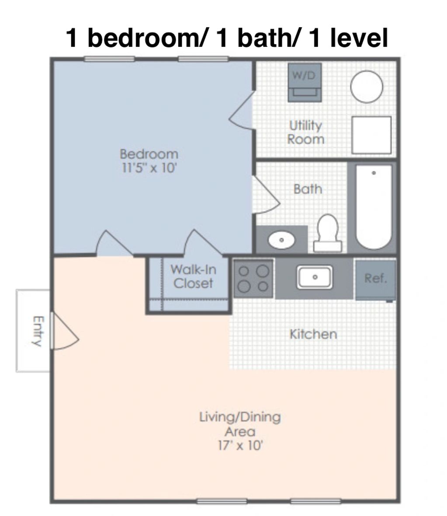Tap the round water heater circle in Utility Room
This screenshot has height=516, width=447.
click(x=366, y=87)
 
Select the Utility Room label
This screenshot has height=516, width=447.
click(x=305, y=132)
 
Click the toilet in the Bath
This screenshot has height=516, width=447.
click(x=328, y=234)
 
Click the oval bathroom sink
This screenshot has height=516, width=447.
click(x=281, y=239)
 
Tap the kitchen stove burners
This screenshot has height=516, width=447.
click(x=253, y=278)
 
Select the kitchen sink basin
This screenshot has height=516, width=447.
click(x=314, y=277)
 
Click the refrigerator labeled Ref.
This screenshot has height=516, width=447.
click(x=375, y=279)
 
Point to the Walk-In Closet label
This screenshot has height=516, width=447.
click(x=193, y=276)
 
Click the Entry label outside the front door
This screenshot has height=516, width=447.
click(x=38, y=331)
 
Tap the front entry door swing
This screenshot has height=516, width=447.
click(x=65, y=331)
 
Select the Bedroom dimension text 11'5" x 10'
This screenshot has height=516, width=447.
click(x=149, y=168)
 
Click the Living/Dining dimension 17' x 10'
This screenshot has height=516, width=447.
click(x=240, y=446)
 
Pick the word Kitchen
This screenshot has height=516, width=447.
click(x=313, y=334)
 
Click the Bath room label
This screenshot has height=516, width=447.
click(x=308, y=189)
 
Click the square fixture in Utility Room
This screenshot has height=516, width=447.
click(x=371, y=135)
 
